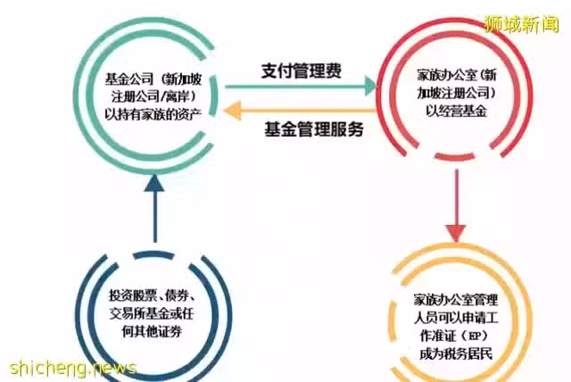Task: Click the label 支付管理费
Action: point(302,71)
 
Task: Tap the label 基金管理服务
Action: point(314,129)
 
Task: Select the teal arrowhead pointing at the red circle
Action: point(370,87)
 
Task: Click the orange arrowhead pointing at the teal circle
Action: point(232,110)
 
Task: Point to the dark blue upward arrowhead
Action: point(154,184)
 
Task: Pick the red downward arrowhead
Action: point(456,233)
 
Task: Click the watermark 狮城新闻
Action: point(521,24)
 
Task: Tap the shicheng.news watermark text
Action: point(73,368)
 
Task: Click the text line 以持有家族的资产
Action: point(153,114)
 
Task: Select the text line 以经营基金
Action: point(456,111)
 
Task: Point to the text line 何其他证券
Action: point(152,331)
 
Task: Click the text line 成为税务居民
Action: point(456,353)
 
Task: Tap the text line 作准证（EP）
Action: point(454,336)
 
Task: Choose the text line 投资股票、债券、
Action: point(153,295)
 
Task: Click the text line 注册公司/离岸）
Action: point(153,96)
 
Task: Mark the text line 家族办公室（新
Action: point(457,75)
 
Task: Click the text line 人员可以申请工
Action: point(456,318)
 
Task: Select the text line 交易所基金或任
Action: point(152,313)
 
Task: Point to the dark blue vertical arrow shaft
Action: point(155,217)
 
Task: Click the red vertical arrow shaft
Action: point(456,197)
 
